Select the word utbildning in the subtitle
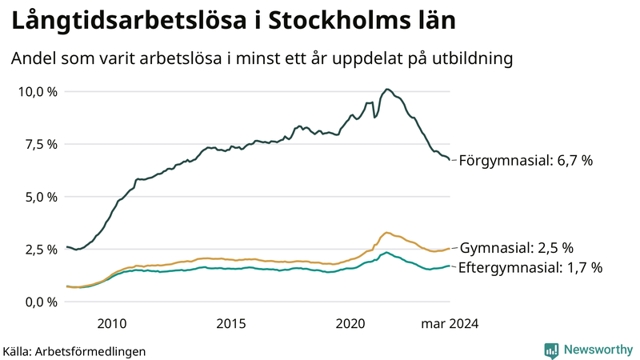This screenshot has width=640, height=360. (x=472, y=58)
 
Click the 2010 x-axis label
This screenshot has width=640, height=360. (x=112, y=323)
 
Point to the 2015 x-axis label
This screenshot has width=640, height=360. (x=231, y=323)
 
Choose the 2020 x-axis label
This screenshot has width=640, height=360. (x=350, y=323)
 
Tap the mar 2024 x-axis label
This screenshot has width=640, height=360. (x=450, y=323)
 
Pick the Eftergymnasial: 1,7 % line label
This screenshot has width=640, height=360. (x=530, y=268)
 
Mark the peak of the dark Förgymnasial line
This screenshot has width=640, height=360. (x=387, y=89)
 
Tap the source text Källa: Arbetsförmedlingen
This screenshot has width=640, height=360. (x=74, y=351)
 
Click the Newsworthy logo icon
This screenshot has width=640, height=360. (x=552, y=350)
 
